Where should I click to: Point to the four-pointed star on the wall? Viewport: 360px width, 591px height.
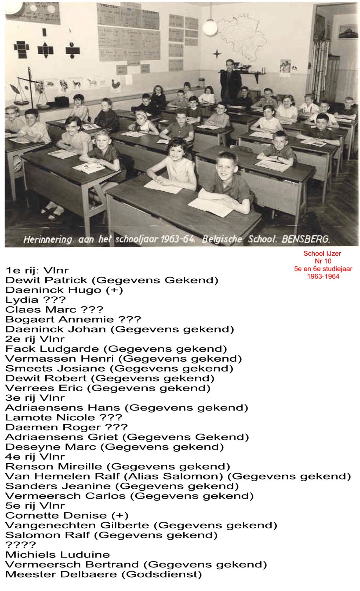(x=217, y=54)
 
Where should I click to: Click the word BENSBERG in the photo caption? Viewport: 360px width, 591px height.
(x=306, y=240)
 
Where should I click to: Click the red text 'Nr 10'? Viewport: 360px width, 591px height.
(x=323, y=261)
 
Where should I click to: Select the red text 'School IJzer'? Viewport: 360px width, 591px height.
(x=322, y=253)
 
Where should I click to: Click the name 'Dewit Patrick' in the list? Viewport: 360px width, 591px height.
(x=46, y=280)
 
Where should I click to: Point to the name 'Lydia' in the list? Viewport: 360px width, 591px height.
(x=22, y=300)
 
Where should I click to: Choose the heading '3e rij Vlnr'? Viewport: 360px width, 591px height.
(x=35, y=398)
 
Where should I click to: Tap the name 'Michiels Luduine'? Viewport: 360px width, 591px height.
(x=58, y=555)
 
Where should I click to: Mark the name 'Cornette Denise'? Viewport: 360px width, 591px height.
(x=56, y=515)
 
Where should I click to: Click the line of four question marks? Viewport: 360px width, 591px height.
(x=21, y=545)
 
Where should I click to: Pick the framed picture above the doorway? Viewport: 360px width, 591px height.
(x=347, y=32)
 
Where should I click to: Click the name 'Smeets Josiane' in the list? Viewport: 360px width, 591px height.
(x=55, y=368)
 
